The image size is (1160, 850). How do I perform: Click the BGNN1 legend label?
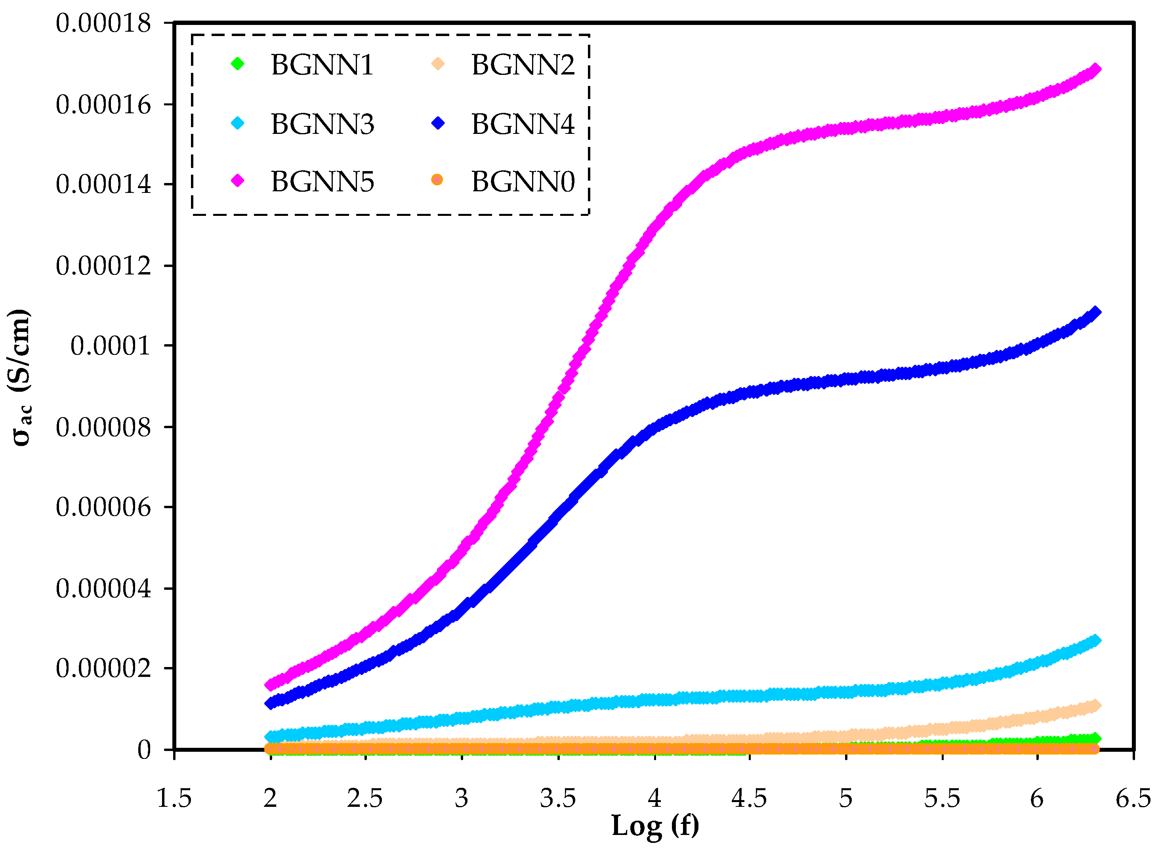(322, 65)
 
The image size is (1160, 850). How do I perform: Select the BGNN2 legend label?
(523, 65)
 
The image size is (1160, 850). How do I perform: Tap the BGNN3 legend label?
(322, 124)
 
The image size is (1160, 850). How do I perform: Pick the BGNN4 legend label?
(523, 124)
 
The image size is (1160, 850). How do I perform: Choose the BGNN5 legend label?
(322, 182)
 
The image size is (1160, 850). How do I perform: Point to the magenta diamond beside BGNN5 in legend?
(237, 181)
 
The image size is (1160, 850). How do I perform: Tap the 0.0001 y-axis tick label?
(110, 346)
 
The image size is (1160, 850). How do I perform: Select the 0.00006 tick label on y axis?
(103, 508)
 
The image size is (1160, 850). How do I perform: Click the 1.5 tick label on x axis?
(174, 799)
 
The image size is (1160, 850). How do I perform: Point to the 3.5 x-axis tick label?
(558, 799)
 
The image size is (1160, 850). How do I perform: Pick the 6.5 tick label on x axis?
(1133, 799)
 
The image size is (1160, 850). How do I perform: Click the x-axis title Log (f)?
(654, 826)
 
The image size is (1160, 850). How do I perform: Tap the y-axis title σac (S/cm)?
(21, 378)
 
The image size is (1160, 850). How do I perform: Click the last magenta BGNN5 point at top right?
(1095, 69)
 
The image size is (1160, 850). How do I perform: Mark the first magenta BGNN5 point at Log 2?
(270, 685)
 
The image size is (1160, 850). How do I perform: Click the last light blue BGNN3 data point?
(1095, 640)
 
